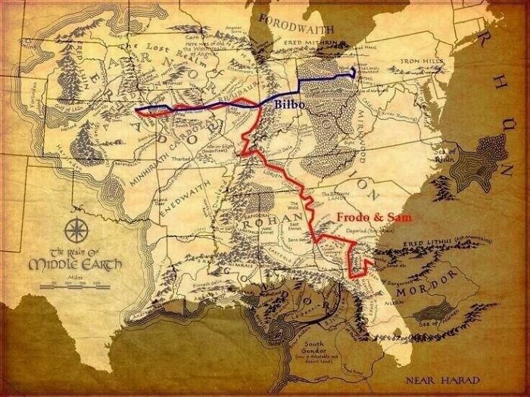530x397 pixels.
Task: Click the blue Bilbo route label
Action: pyautogui.click(x=290, y=105)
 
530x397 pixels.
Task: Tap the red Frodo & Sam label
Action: pyautogui.click(x=368, y=218)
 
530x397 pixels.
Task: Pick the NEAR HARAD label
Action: pyautogui.click(x=441, y=380)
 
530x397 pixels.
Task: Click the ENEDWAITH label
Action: pyautogui.click(x=187, y=200)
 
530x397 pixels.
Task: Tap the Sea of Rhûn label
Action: pyautogui.click(x=447, y=154)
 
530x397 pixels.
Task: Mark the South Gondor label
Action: pyautogui.click(x=312, y=350)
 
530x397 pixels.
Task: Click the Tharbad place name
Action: pyautogui.click(x=182, y=160)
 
